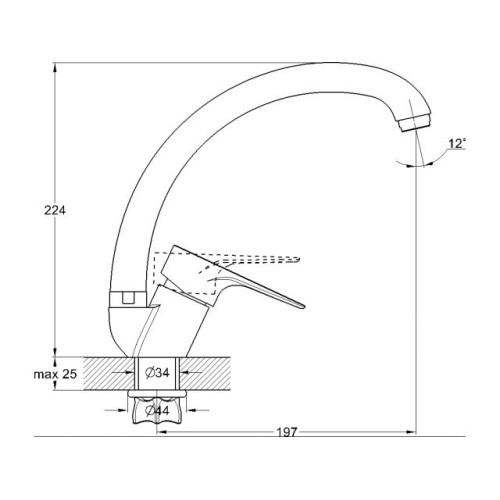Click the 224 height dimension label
[x=55, y=211]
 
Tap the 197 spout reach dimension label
[x=287, y=432]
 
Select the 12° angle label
[x=457, y=144]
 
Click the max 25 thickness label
[x=55, y=374]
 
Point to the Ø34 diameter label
[x=157, y=373]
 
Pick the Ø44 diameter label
[x=157, y=411]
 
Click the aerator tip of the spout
[x=414, y=122]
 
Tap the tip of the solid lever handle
[x=304, y=307]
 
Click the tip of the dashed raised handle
[x=299, y=258]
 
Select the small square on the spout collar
[x=127, y=298]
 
